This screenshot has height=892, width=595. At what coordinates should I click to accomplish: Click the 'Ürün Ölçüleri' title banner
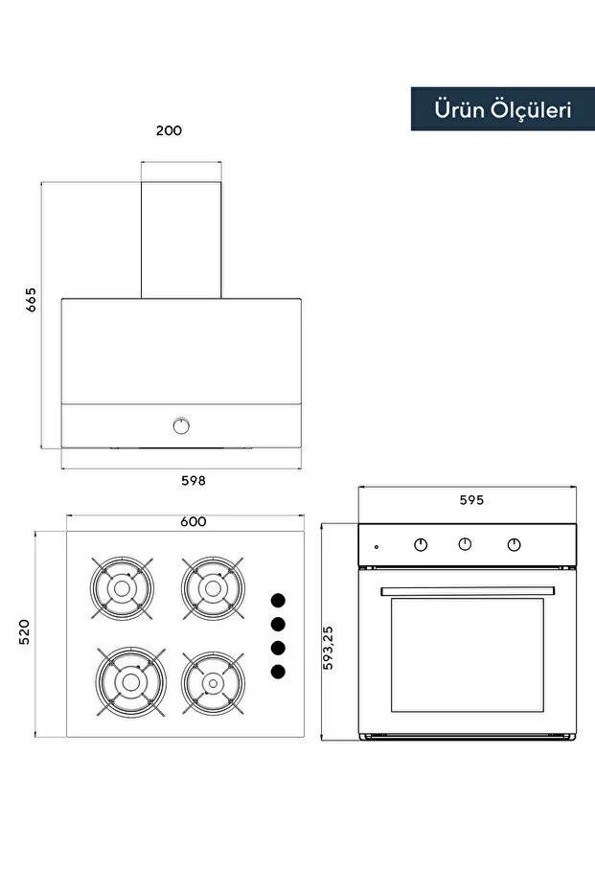503,109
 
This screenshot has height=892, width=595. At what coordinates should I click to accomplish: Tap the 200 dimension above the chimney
169,130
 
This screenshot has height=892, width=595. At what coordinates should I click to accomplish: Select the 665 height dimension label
31,299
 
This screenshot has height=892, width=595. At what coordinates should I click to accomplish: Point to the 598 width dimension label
194,481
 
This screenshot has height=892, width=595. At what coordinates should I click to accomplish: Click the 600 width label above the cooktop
194,521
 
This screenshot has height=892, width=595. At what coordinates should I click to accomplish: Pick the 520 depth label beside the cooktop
24,632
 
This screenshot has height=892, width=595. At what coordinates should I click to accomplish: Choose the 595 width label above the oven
471,500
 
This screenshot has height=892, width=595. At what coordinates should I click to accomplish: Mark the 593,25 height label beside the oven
328,648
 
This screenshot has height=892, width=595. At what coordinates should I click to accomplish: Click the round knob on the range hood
181,425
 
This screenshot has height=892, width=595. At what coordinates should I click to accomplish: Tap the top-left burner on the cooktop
122,588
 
